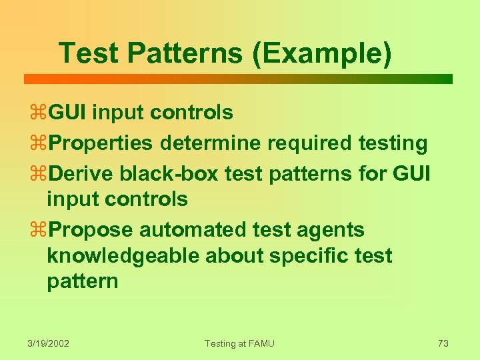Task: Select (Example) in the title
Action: click(322, 53)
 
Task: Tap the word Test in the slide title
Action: click(87, 53)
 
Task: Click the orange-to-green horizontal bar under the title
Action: click(238, 79)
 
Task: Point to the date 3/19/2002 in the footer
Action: click(49, 343)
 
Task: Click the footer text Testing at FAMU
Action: click(239, 343)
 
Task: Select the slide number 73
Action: click(443, 343)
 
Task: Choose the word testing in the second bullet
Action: click(393, 143)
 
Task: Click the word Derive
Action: click(82, 173)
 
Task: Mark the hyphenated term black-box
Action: click(169, 173)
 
